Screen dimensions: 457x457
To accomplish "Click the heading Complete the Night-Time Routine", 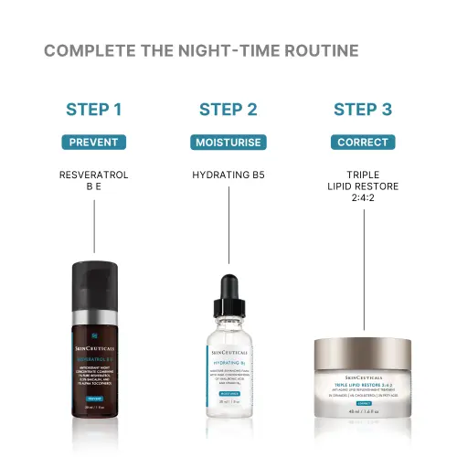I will (x=201, y=50).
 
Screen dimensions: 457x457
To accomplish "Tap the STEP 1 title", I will (x=94, y=111).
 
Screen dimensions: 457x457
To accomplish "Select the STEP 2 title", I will (x=228, y=111).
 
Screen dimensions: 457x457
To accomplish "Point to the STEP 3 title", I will (x=362, y=111).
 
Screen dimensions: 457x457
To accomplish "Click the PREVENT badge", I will (x=94, y=142).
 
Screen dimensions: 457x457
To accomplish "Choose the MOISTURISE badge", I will (x=228, y=142).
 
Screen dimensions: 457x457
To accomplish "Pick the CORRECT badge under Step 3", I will (x=362, y=142).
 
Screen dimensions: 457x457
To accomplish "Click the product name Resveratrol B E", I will (x=94, y=180).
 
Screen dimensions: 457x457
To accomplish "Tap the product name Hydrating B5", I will (x=228, y=174).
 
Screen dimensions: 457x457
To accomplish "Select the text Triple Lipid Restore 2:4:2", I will (x=362, y=187).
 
